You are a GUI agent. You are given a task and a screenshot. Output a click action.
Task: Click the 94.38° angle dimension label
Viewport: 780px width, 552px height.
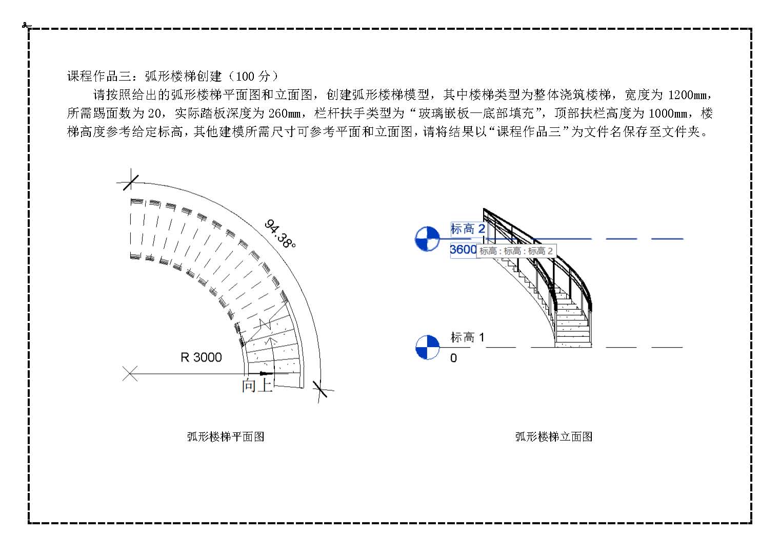pos(280,234)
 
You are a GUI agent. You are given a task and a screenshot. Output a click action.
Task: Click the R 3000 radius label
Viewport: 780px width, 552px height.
pos(201,357)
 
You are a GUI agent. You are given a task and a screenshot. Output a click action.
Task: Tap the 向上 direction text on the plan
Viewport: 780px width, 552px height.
pos(256,385)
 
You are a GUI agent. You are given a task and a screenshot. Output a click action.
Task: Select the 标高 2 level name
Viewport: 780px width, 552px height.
pos(467,229)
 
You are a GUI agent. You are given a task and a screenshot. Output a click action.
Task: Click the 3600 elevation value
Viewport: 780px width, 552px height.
pos(463,250)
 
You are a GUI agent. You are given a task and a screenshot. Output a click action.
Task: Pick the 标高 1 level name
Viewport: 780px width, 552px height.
pos(467,337)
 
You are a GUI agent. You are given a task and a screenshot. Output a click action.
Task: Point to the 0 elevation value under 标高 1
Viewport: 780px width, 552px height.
pos(453,358)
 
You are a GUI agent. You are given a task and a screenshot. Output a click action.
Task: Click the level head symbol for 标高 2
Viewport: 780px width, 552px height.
pos(427,239)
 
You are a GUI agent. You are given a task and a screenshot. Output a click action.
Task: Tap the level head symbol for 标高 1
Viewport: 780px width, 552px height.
pos(428,347)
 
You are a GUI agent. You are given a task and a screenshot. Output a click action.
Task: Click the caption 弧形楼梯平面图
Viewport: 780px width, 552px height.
pos(226,436)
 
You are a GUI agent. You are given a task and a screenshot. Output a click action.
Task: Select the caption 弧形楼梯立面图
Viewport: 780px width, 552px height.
pos(554,436)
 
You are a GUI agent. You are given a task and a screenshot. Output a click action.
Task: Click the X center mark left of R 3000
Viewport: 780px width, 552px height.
pos(130,373)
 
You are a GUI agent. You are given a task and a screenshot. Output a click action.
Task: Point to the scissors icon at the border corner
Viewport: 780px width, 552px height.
pos(26,25)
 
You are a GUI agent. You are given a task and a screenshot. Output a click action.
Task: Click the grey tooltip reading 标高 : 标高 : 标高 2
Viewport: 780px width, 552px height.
pos(516,251)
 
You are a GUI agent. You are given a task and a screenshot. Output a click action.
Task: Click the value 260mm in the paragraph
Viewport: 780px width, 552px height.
pos(285,113)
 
